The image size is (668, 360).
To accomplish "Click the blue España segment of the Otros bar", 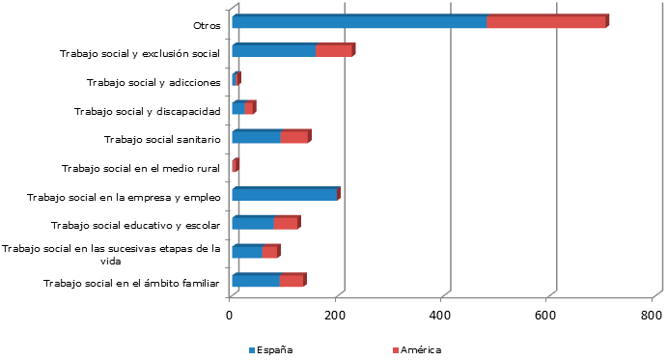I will coord(359,22).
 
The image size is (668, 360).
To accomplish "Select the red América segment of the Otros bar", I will coord(545,22).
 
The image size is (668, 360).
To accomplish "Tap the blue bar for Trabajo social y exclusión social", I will coord(274,51).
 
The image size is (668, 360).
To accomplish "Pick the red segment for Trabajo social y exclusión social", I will coord(333,51).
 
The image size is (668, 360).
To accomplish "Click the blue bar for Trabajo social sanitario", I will coord(257,137).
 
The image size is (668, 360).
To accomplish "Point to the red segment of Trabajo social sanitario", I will coord(293,137).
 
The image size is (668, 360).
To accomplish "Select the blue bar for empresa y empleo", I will coord(285,194).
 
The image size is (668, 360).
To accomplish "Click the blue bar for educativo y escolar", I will coord(253,223).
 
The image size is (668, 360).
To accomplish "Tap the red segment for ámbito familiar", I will coord(292,281).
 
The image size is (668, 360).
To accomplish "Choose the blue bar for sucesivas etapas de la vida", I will coord(247,252).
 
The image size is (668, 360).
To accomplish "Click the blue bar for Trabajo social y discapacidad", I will coord(238,108).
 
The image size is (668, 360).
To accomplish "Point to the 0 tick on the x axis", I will coord(230,316).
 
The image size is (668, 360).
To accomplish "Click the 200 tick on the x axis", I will coord(335,316).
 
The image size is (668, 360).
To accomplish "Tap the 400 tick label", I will coord(441,316).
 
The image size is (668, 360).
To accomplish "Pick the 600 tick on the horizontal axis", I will coord(546,316).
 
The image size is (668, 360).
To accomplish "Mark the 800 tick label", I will coord(652,316).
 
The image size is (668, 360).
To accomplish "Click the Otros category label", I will coord(207,26).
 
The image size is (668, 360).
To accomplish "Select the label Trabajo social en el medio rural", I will coord(141,169).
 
